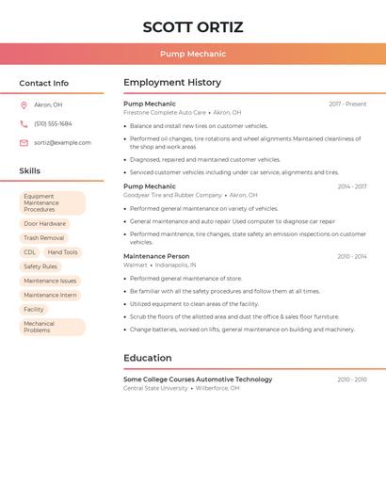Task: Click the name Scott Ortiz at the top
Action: [192, 27]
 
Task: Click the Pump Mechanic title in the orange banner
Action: [192, 55]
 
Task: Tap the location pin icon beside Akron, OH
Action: [24, 105]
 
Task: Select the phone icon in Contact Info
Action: [24, 124]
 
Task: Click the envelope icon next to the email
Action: [24, 143]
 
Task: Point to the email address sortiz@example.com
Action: [62, 143]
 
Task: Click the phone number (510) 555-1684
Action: [53, 124]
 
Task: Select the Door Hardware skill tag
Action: [44, 224]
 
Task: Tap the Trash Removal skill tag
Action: [44, 238]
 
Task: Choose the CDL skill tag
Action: [30, 252]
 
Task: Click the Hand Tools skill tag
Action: [63, 252]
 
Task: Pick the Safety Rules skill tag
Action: [40, 266]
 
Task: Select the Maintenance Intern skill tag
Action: [50, 295]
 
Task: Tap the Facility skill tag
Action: [34, 309]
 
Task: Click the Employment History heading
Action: [172, 83]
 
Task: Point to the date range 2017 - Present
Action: [347, 105]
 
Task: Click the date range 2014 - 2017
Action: [351, 186]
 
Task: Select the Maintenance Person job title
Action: [156, 256]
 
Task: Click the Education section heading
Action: [148, 358]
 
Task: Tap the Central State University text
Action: [155, 388]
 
